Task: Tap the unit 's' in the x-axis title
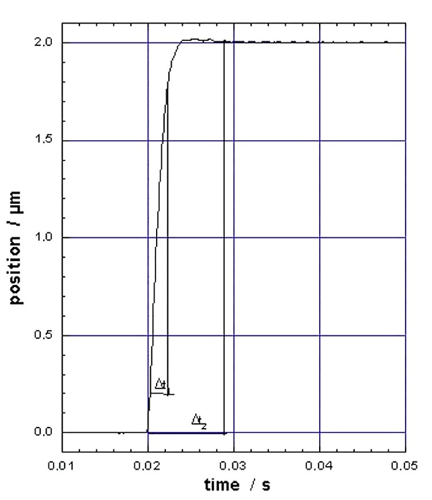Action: click(266, 484)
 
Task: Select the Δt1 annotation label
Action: click(161, 384)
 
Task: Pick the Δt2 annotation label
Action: click(199, 422)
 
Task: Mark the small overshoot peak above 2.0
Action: click(196, 39)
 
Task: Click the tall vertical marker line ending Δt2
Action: click(223, 230)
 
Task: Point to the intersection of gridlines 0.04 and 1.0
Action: click(320, 238)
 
